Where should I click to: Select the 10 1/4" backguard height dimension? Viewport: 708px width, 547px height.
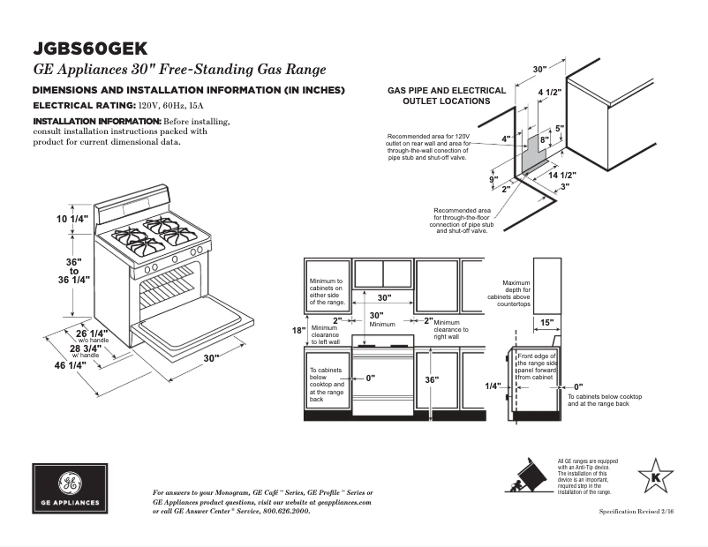pos(74,219)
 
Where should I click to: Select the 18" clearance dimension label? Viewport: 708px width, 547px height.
pos(298,331)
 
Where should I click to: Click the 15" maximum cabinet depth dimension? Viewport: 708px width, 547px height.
pos(547,322)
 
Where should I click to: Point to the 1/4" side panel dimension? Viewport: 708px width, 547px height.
pos(493,386)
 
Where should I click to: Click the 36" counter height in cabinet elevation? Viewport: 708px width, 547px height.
pos(431,379)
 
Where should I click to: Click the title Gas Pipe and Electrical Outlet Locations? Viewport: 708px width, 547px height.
pos(447,95)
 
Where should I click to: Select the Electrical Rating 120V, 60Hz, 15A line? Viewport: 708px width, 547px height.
pos(115,105)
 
